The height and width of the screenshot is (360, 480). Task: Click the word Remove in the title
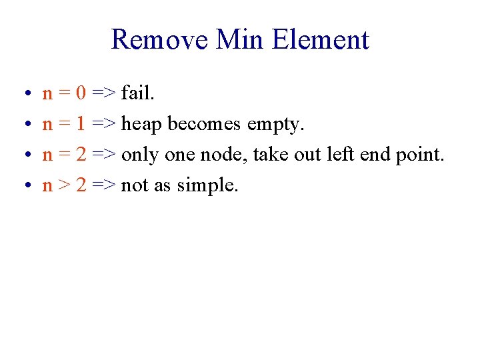[160, 39]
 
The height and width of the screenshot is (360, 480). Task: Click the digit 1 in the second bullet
[81, 123]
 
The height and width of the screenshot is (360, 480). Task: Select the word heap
[143, 125]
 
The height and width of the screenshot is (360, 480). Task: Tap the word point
[419, 155]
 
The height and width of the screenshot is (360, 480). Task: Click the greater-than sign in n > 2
[65, 185]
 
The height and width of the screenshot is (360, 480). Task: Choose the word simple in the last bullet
[206, 186]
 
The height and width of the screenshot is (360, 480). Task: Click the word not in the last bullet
[134, 185]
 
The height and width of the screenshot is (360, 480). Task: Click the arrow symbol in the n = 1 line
[105, 123]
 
